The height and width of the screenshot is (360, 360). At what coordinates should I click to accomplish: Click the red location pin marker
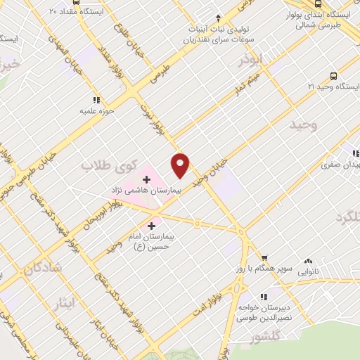(181, 165)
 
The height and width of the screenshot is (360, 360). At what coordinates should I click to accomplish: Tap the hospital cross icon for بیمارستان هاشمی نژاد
(146, 179)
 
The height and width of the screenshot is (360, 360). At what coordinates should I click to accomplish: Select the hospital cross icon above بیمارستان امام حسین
(152, 226)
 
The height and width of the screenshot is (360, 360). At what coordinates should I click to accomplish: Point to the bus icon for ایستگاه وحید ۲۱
(332, 75)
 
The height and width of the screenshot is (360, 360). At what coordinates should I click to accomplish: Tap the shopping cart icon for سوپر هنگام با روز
(264, 259)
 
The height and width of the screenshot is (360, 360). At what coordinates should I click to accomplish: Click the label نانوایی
(309, 269)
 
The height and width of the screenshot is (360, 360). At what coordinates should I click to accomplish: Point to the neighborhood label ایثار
(63, 302)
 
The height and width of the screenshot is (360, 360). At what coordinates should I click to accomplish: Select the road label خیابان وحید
(212, 171)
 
